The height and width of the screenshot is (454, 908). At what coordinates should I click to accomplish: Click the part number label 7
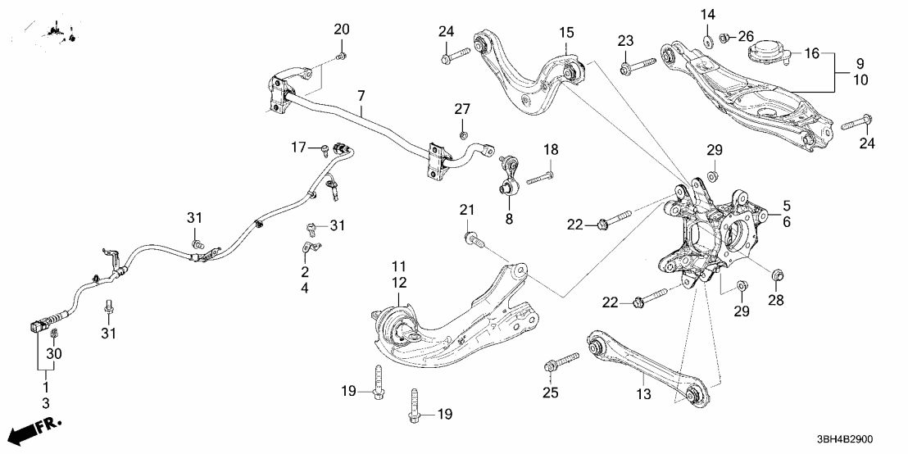pyautogui.click(x=360, y=97)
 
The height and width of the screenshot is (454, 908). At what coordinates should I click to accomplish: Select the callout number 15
pyautogui.click(x=567, y=33)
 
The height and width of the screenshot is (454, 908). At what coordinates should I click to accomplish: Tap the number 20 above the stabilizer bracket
pyautogui.click(x=341, y=29)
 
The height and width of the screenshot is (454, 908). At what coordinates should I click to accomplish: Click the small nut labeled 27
pyautogui.click(x=464, y=133)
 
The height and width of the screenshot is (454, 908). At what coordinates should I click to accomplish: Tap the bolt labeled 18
pyautogui.click(x=540, y=176)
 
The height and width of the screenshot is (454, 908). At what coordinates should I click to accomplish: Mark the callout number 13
pyautogui.click(x=643, y=393)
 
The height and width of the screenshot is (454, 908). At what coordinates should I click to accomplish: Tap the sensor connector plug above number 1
pyautogui.click(x=39, y=326)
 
